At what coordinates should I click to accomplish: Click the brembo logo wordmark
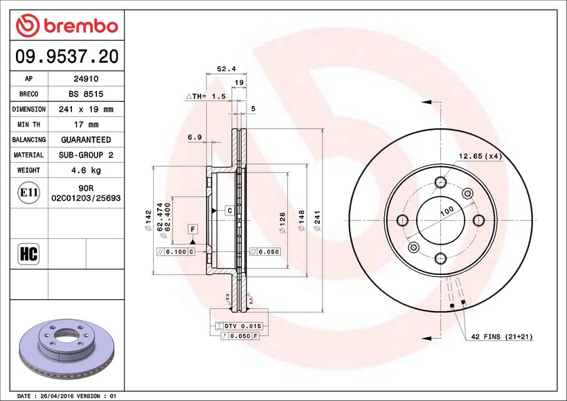(x=82, y=26)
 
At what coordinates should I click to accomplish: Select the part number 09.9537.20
(x=67, y=56)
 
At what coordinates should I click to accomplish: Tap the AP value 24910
(x=86, y=79)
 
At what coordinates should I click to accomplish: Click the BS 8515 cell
(x=86, y=94)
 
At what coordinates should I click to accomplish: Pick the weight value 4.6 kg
(x=86, y=170)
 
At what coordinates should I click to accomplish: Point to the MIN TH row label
(x=28, y=125)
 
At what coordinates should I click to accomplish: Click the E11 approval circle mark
(x=28, y=193)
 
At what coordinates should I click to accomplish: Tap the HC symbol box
(x=28, y=253)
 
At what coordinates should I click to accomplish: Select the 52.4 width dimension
(x=226, y=69)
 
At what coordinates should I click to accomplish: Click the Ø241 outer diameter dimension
(x=317, y=220)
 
